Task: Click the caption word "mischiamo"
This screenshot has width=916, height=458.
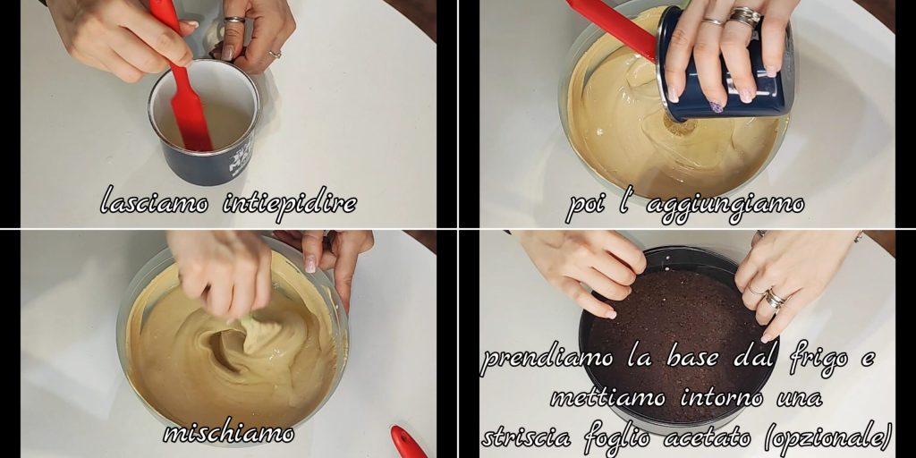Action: click(228, 434)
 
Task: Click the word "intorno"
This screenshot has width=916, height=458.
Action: click(721, 399)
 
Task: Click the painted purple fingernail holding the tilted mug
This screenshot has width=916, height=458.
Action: click(717, 107)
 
